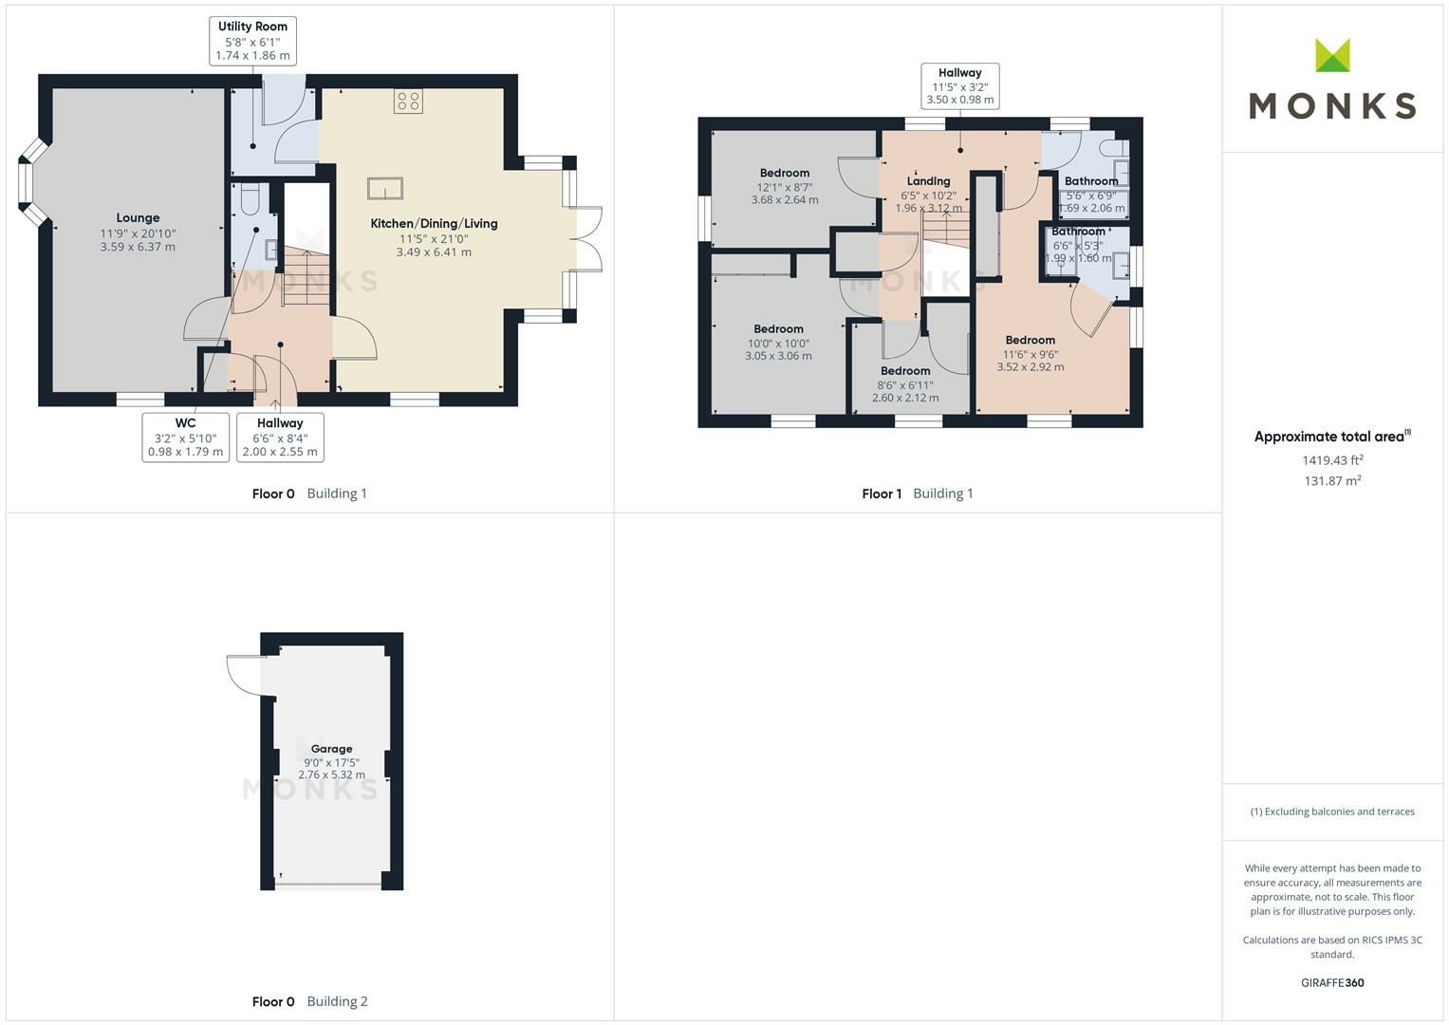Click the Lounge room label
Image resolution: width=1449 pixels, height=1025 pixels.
(x=138, y=218)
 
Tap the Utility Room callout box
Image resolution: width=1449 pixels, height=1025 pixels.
(x=252, y=41)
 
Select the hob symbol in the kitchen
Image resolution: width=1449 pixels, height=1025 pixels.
(x=409, y=102)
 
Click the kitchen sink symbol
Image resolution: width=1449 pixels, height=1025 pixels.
(x=384, y=188)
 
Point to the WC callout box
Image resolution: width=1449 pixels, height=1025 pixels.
(x=185, y=438)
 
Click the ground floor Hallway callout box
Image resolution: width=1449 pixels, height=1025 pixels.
(x=280, y=438)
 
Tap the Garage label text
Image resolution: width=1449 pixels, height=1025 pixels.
(x=331, y=749)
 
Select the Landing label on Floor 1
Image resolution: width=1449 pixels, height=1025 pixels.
(x=928, y=181)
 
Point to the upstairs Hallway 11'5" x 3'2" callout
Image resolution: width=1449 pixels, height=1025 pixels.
(x=960, y=85)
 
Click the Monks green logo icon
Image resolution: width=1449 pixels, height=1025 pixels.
(x=1332, y=55)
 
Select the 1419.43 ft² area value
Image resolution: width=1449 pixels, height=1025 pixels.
(x=1332, y=460)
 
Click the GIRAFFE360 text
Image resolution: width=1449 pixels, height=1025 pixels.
(x=1332, y=982)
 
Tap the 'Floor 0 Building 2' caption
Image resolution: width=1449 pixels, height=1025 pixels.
(x=309, y=1001)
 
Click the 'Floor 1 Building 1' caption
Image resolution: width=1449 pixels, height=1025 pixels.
(x=917, y=494)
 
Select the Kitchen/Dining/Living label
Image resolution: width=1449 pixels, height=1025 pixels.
(x=434, y=224)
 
